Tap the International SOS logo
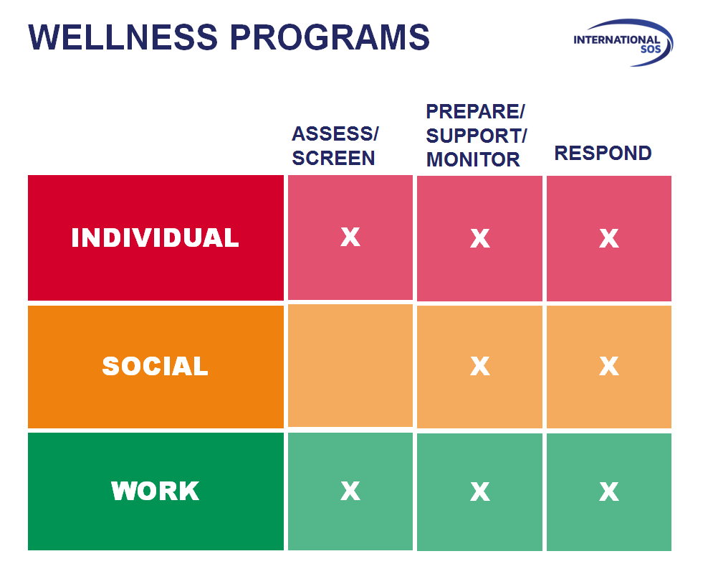click(620, 42)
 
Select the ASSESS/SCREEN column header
click(335, 146)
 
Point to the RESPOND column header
click(603, 153)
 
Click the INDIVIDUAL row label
click(155, 238)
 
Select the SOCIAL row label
click(155, 366)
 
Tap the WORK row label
click(155, 492)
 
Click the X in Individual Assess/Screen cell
click(350, 237)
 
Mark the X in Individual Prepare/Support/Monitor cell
click(479, 238)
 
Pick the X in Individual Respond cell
click(608, 238)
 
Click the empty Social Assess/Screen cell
click(350, 365)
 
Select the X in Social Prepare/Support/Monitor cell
click(479, 367)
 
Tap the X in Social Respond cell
click(608, 367)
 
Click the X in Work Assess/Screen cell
click(350, 491)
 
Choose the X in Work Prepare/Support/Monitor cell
click(479, 492)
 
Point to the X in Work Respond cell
click(608, 492)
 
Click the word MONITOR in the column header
click(473, 159)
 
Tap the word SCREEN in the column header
click(333, 158)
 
